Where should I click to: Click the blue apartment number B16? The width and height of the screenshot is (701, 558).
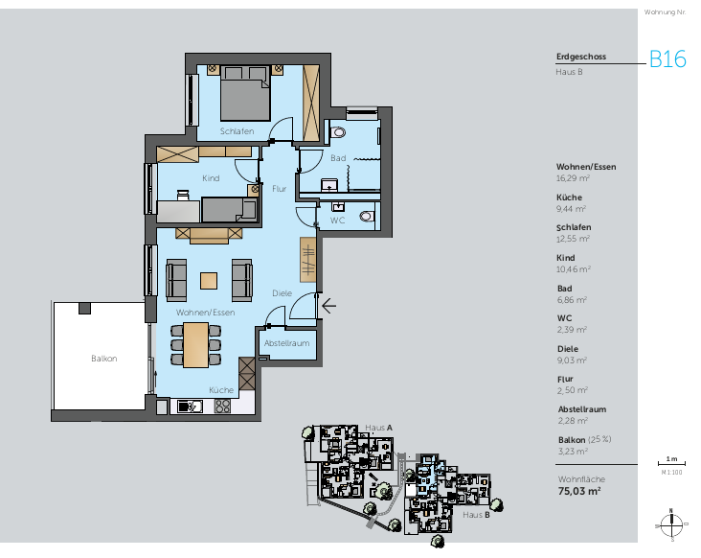point(667,58)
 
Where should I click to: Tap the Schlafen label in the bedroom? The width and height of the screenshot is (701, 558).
point(237,130)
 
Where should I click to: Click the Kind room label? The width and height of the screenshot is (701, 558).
point(211,178)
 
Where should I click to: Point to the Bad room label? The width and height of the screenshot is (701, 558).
point(337,157)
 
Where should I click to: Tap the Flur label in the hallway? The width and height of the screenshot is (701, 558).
point(279,189)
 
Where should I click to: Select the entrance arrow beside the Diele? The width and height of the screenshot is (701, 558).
point(328,307)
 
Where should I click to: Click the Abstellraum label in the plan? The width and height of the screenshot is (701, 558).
point(286,342)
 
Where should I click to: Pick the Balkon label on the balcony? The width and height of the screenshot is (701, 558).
point(103,359)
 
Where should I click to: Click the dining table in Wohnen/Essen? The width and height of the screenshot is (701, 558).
point(195,344)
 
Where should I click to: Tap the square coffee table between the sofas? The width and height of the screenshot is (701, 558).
point(209,280)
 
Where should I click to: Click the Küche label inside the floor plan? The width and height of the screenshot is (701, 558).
point(221,390)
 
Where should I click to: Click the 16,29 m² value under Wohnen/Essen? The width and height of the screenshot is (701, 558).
point(573,177)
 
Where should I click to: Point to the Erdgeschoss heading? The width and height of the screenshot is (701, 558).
point(580,57)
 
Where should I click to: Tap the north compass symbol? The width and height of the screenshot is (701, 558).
point(671,523)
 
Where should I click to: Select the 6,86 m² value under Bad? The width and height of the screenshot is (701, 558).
point(571,299)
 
